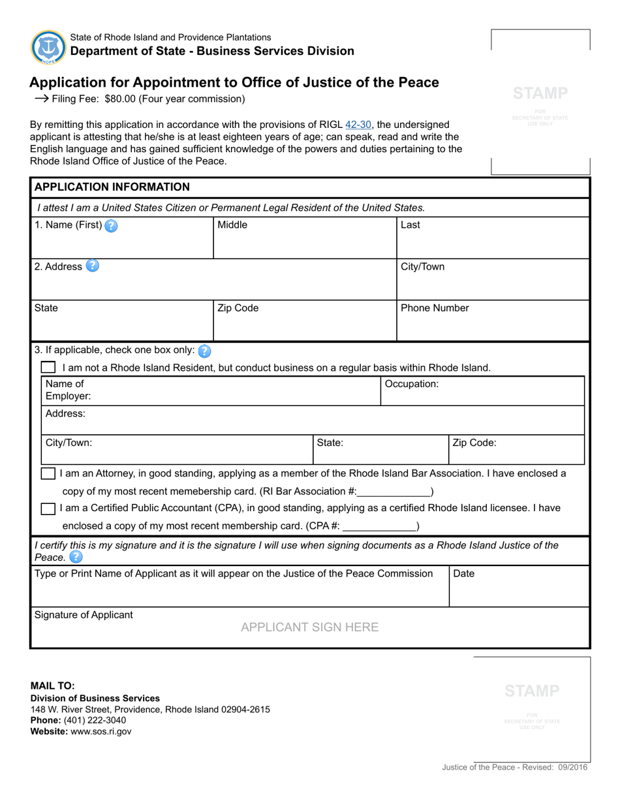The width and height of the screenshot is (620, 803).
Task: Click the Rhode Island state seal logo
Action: point(48,47)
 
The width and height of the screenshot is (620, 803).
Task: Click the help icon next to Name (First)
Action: point(112,226)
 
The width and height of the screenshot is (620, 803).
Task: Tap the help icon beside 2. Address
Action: point(93,266)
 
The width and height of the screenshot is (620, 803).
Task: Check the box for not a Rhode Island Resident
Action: point(48,368)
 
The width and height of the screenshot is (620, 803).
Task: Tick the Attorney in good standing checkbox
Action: point(48,473)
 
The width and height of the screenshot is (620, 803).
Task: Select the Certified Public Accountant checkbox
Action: point(48,508)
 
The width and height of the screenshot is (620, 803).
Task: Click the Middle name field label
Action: point(232,225)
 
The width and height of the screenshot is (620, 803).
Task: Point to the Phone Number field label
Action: point(435,308)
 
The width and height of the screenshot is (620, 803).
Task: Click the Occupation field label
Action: point(412,384)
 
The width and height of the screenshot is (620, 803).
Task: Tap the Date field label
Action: point(463,574)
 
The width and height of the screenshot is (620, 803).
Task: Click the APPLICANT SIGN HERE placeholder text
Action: point(309,627)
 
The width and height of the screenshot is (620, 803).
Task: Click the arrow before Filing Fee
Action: point(41,99)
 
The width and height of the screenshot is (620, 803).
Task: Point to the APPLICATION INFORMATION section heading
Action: point(112,187)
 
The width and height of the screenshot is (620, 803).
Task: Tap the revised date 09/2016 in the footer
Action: point(572,768)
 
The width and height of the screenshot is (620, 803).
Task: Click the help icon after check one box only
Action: point(204,351)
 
